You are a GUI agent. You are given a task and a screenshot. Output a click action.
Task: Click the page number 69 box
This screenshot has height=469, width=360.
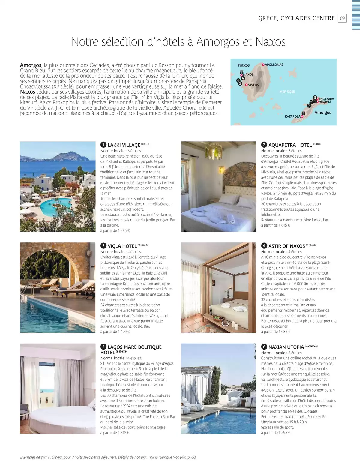(342, 18)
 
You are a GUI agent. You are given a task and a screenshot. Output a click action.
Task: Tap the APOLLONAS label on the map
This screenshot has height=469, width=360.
(274, 65)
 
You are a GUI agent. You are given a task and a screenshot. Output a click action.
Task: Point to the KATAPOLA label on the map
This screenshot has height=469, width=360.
(292, 116)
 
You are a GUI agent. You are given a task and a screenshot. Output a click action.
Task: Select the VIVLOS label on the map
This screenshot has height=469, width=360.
(253, 85)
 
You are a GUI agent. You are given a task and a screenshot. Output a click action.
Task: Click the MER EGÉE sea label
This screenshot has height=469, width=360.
(287, 92)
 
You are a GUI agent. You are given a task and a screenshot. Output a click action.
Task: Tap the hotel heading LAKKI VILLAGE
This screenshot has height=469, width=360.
(124, 145)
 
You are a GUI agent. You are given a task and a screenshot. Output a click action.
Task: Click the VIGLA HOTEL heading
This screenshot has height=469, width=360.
(122, 246)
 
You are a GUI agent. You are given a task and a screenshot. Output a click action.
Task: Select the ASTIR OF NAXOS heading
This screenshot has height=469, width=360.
(286, 246)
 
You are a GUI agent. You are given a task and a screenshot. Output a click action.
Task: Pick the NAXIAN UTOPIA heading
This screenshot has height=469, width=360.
(286, 347)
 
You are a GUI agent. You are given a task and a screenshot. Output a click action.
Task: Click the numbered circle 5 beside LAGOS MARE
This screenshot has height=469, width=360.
(103, 347)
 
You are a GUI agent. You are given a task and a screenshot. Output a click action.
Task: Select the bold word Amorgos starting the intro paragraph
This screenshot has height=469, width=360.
(31, 65)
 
